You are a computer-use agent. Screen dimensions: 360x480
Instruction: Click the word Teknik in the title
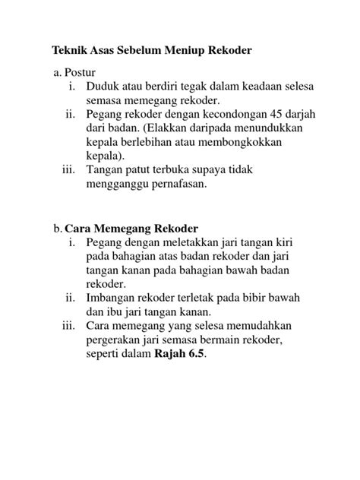tap(70, 51)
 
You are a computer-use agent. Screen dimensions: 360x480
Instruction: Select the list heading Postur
tap(79, 72)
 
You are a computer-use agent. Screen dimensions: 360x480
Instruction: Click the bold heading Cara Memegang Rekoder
tap(131, 229)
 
